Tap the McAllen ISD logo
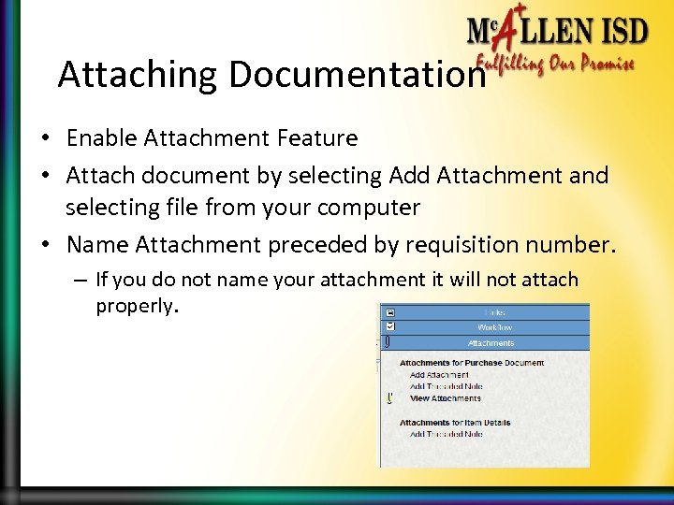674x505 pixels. click(557, 34)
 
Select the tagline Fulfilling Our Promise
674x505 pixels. click(556, 65)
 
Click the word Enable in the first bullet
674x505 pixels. click(98, 139)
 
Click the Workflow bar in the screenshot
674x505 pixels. click(491, 327)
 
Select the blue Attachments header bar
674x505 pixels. click(491, 343)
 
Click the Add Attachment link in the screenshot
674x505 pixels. click(439, 374)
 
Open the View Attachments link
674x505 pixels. click(446, 397)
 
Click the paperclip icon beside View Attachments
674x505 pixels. click(389, 397)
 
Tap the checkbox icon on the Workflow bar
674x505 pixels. click(389, 327)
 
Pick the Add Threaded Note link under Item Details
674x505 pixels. click(446, 434)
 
